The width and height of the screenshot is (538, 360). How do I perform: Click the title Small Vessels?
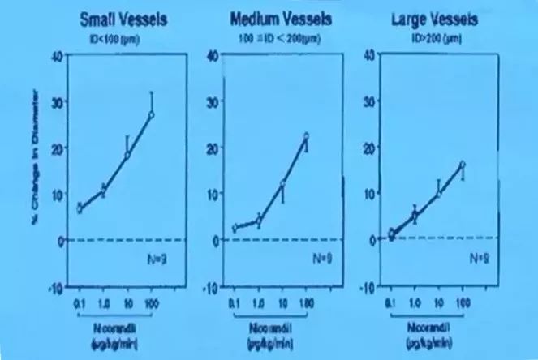point(124,19)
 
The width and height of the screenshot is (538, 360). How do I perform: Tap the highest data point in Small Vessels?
point(151,114)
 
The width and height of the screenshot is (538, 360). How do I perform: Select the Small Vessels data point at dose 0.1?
point(79,208)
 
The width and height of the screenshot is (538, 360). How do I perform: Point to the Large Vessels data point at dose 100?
point(462,165)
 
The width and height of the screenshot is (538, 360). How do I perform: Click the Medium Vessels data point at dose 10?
point(282,185)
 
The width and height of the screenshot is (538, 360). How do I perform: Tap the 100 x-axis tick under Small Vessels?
point(152,302)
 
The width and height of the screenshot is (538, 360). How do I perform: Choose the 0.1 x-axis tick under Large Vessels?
point(391,302)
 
